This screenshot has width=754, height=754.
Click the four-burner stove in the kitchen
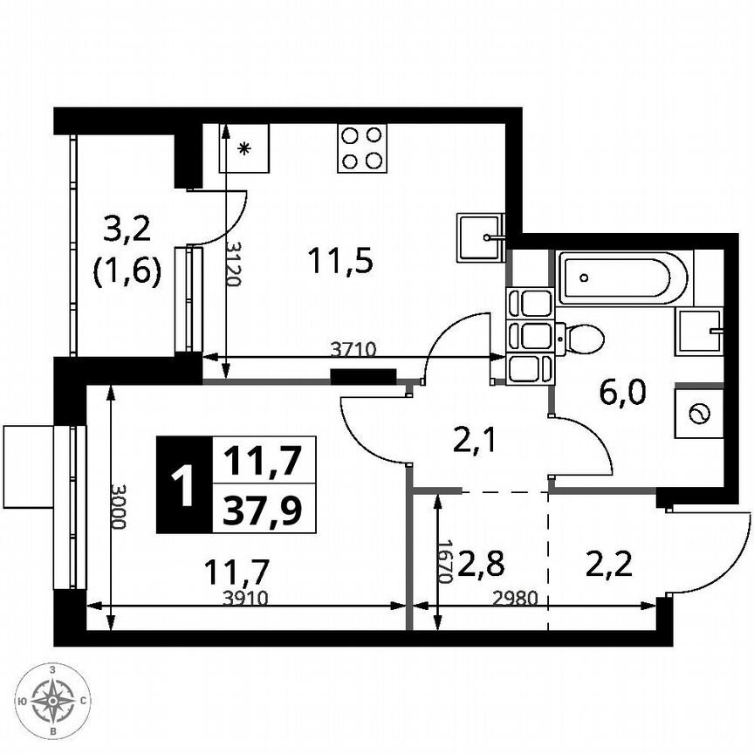362,147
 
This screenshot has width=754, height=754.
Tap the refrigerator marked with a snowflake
243,148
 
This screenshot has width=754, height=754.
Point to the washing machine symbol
699,414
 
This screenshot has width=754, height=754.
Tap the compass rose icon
54,700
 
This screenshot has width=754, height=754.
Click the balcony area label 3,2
127,230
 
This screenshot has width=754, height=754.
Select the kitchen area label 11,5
339,260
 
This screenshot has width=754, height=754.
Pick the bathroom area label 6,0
622,394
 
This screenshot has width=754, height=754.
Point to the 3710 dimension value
353,349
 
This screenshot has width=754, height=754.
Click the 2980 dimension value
511,599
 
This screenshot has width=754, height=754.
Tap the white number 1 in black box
183,485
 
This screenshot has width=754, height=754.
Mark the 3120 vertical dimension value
233,264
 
